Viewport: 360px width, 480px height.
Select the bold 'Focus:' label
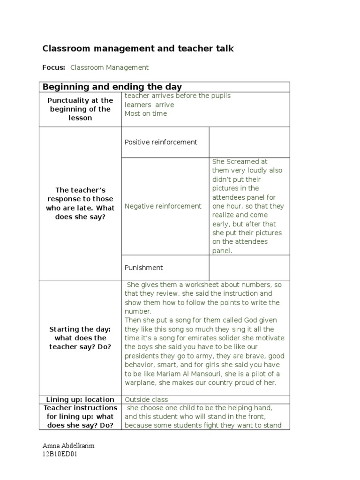[x=53, y=67]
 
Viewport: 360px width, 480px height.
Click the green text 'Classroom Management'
[x=109, y=67]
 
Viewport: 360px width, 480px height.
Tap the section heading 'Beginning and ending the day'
[x=112, y=87]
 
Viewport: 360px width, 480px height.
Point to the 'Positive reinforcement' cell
[x=161, y=142]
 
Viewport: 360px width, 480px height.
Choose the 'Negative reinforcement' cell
[x=163, y=206]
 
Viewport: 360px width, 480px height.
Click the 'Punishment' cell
[x=143, y=268]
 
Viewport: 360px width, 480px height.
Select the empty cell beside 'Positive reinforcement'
[x=249, y=142]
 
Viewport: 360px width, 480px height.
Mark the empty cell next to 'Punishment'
[x=249, y=268]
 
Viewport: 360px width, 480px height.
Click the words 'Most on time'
[x=145, y=113]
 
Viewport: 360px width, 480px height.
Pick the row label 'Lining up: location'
[x=80, y=399]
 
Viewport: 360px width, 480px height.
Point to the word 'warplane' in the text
[x=140, y=382]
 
